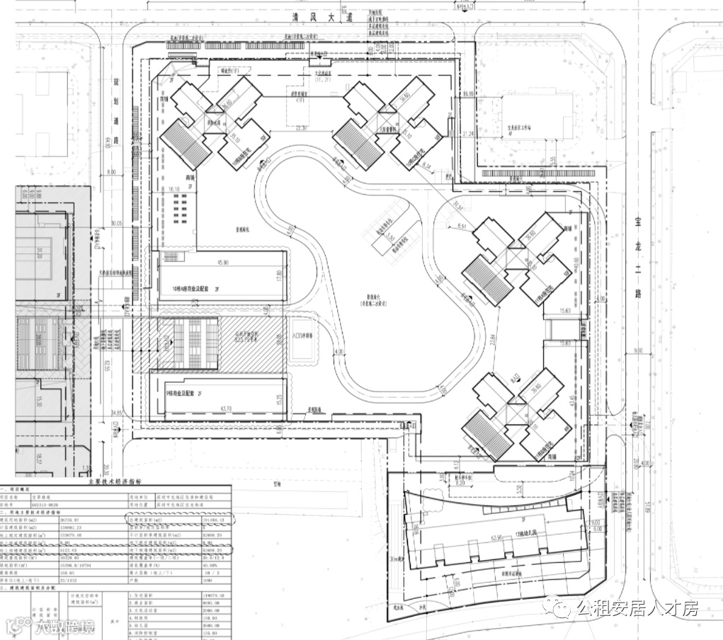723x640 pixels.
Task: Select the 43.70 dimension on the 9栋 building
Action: click(x=227, y=410)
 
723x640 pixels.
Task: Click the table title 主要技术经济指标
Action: click(x=117, y=481)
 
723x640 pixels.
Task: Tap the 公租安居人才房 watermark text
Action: click(x=637, y=607)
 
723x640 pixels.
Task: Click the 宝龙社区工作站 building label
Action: click(x=520, y=130)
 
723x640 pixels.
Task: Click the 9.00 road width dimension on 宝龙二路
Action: click(x=637, y=350)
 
